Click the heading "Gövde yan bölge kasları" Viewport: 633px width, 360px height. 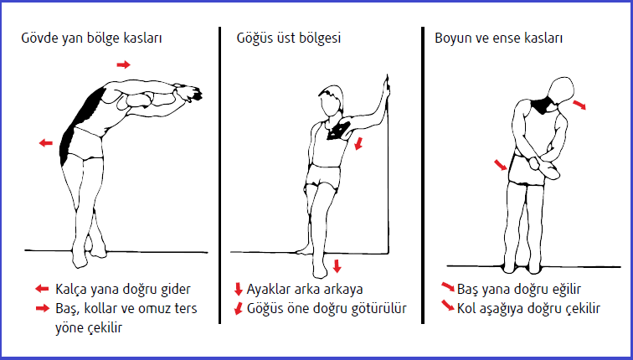[91, 39]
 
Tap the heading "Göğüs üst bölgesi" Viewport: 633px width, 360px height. [288, 38]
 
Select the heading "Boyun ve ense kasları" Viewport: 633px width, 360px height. [498, 38]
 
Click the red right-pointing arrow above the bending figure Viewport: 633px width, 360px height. [124, 64]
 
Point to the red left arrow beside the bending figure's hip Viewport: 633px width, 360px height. [46, 142]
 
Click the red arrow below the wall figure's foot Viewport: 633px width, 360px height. [337, 266]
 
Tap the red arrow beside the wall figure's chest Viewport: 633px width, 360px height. [358, 143]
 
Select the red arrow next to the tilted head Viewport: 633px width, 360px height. [579, 105]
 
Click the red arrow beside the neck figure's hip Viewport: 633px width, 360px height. [501, 165]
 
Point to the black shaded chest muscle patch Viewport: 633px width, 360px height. [338, 130]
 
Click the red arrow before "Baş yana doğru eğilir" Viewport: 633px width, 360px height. [448, 287]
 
